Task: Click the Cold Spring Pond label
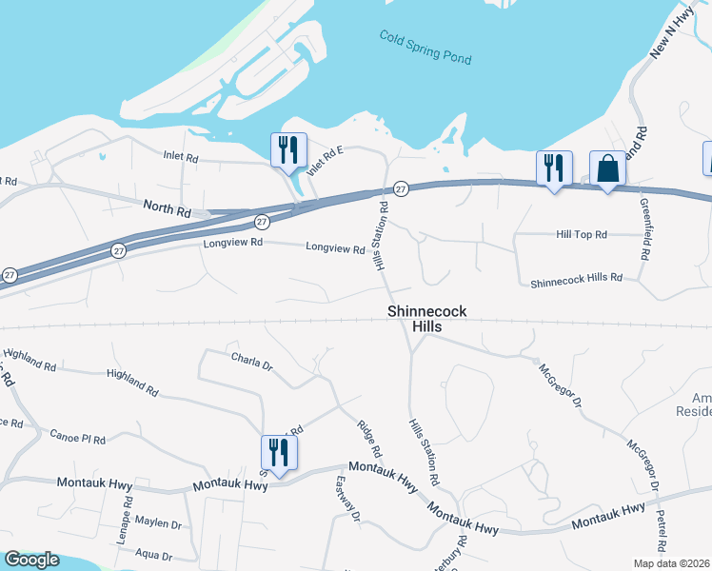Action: point(425,47)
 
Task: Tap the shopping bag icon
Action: point(607,169)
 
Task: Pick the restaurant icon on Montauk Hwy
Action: point(279,453)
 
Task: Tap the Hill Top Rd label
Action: point(581,233)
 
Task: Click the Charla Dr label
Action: point(252,362)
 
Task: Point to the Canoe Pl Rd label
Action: point(78,436)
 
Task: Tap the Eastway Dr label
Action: point(346,498)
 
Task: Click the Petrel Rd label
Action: point(662,528)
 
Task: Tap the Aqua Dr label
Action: point(153,556)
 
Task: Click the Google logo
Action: point(31,560)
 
